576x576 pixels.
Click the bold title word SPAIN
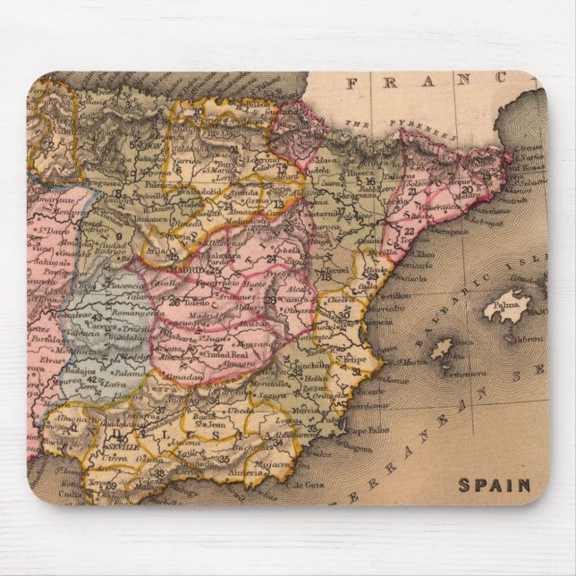[x=495, y=486]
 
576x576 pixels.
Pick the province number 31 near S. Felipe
[x=356, y=370]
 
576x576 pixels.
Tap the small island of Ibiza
[x=443, y=349]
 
